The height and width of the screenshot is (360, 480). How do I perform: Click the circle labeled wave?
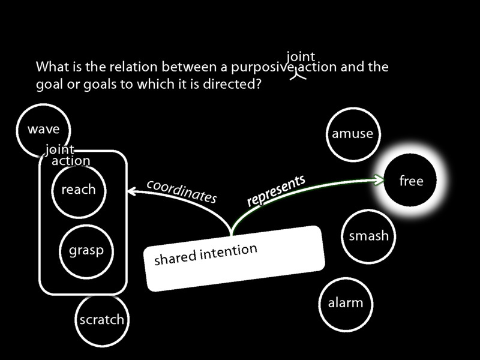pyautogui.click(x=43, y=129)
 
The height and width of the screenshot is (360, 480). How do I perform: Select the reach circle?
pyautogui.click(x=78, y=190)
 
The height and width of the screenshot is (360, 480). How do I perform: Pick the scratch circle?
pyautogui.click(x=101, y=319)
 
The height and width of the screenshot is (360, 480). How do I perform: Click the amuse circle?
pyautogui.click(x=352, y=134)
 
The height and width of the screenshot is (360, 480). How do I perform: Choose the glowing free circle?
pyautogui.click(x=411, y=181)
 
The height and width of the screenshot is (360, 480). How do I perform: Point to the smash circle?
pyautogui.click(x=368, y=236)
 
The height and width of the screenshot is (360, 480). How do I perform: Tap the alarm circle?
pyautogui.click(x=345, y=303)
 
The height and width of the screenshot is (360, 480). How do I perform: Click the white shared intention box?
pyautogui.click(x=234, y=258)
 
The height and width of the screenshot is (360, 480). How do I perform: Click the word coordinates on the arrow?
pyautogui.click(x=181, y=190)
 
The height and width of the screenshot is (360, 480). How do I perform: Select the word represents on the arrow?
pyautogui.click(x=276, y=191)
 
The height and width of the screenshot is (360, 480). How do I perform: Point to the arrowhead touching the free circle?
pyautogui.click(x=379, y=179)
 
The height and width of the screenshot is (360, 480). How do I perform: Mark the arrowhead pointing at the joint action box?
pyautogui.click(x=131, y=191)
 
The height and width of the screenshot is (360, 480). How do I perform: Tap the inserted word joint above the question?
pyautogui.click(x=301, y=57)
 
